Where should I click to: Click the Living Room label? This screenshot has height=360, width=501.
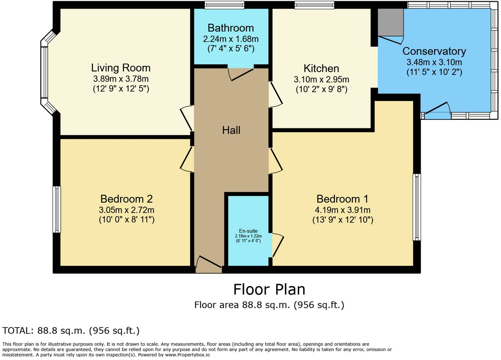(121, 68)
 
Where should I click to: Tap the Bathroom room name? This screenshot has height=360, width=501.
(231, 28)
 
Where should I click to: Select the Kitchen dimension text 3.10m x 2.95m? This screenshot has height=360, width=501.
(321, 80)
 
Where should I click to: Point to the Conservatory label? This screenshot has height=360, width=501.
(434, 51)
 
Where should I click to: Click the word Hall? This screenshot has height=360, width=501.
(231, 130)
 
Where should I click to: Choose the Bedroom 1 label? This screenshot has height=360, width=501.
(342, 199)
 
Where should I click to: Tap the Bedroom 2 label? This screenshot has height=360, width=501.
(127, 199)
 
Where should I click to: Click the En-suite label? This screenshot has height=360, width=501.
(248, 231)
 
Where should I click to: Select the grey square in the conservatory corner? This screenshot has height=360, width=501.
(391, 22)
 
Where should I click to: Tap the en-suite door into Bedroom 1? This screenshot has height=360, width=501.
(278, 245)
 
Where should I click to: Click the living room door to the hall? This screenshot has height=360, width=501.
(186, 118)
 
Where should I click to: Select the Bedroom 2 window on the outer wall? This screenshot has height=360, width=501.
(57, 210)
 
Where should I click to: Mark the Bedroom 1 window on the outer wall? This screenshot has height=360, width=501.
(416, 207)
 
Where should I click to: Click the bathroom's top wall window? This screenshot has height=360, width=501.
(225, 5)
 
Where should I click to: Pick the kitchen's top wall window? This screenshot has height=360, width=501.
(315, 5)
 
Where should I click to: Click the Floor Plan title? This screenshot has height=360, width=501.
(269, 289)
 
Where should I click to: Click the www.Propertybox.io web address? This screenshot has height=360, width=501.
(188, 355)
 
